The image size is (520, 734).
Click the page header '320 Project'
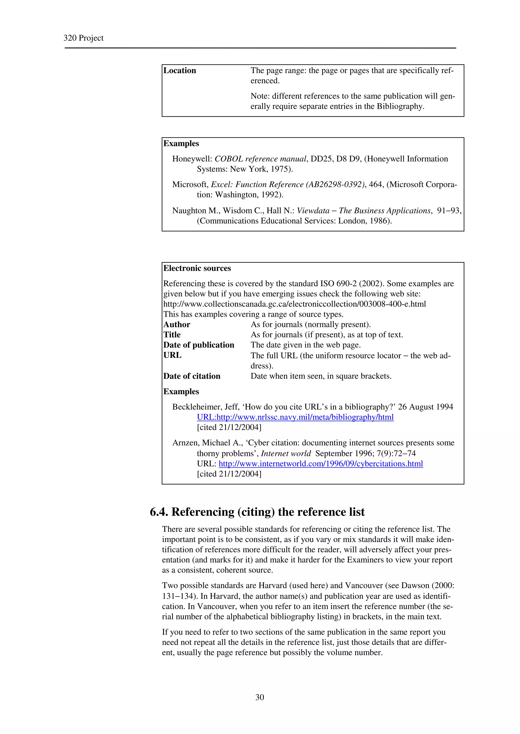coord(83,38)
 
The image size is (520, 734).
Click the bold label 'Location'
coord(180,71)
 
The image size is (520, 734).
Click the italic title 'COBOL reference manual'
coord(260,159)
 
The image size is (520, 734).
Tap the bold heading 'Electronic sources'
coord(197,268)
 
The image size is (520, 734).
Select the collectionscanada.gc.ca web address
coord(294,304)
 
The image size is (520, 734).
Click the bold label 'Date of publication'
coord(199,345)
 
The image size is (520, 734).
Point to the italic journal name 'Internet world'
coord(286,453)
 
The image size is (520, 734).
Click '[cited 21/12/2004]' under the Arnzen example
coord(229,474)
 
